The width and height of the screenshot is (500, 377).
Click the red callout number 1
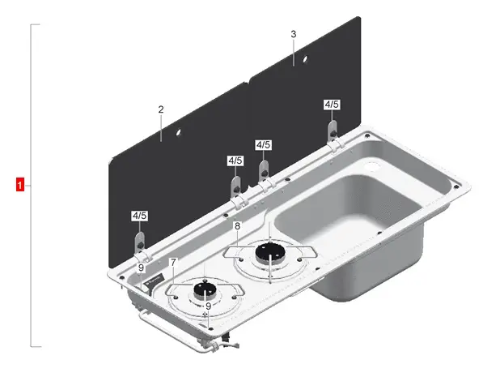(20, 185)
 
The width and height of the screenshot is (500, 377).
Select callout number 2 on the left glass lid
(161, 109)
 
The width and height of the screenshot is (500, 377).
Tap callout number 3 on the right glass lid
(293, 34)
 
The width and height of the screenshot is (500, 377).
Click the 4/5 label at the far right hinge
(332, 105)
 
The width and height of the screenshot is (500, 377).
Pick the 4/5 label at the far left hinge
(139, 216)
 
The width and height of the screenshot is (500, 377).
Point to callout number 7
(173, 262)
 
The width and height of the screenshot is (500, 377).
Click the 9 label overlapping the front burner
(208, 306)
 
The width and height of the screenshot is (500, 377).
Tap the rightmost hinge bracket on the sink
(333, 133)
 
